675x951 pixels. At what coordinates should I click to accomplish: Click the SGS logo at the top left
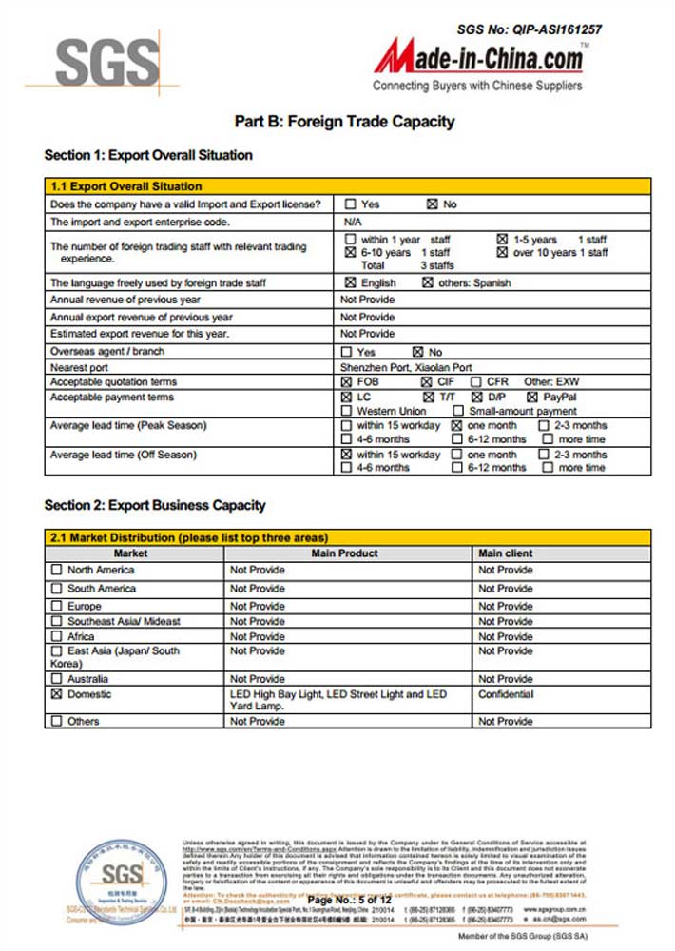(106, 64)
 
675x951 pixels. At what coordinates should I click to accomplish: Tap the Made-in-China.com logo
(478, 59)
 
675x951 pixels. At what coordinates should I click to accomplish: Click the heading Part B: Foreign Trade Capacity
(344, 122)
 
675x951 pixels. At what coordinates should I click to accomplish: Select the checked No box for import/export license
(433, 204)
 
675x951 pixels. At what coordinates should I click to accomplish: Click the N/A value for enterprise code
(351, 222)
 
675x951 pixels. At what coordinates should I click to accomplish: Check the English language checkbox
(350, 283)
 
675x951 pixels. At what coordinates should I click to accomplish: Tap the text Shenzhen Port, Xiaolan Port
(406, 367)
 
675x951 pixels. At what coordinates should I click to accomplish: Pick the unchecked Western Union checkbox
(350, 411)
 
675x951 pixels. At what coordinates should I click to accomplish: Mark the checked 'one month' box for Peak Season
(455, 426)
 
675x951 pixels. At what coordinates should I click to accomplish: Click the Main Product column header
(344, 553)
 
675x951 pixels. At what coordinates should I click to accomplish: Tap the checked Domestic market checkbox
(56, 695)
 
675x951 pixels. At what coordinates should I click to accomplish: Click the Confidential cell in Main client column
(506, 695)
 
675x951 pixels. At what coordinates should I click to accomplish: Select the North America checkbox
(56, 571)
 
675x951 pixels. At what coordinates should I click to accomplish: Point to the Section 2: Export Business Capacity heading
(155, 505)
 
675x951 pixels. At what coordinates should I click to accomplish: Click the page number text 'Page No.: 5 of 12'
(349, 900)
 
